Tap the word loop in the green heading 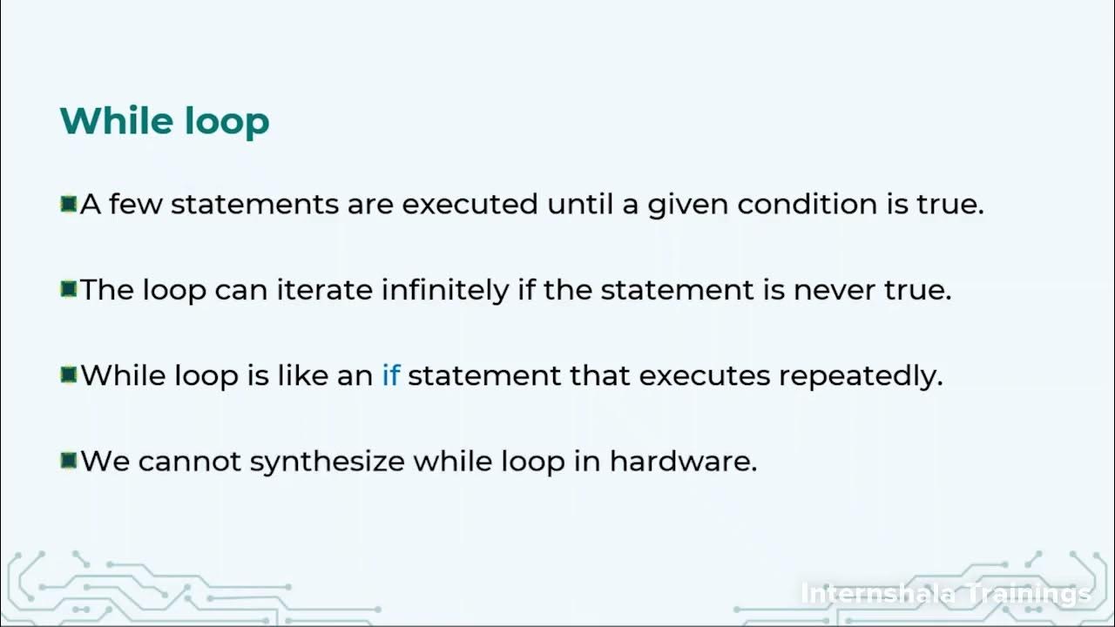[x=227, y=122]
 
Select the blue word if [x=390, y=376]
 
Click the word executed [x=470, y=205]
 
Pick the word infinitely [x=445, y=290]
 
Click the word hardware [x=683, y=461]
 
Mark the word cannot [x=189, y=462]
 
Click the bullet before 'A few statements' [x=69, y=205]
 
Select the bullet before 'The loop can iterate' [x=69, y=289]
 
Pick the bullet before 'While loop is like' [x=69, y=375]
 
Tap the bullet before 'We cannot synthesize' [x=69, y=461]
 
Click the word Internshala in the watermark [x=872, y=594]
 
